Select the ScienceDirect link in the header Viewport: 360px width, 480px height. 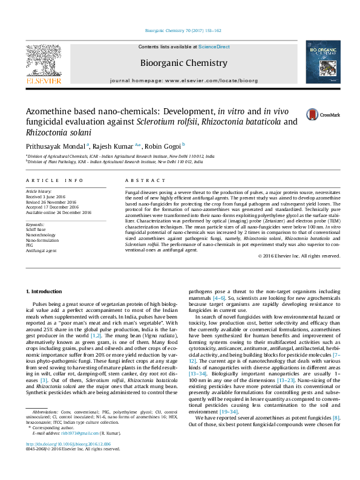[x=214, y=47]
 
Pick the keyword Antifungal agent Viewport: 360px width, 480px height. [x=41, y=250]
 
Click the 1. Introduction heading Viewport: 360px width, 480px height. [x=47, y=291]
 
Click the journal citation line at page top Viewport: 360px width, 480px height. [x=184, y=30]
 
